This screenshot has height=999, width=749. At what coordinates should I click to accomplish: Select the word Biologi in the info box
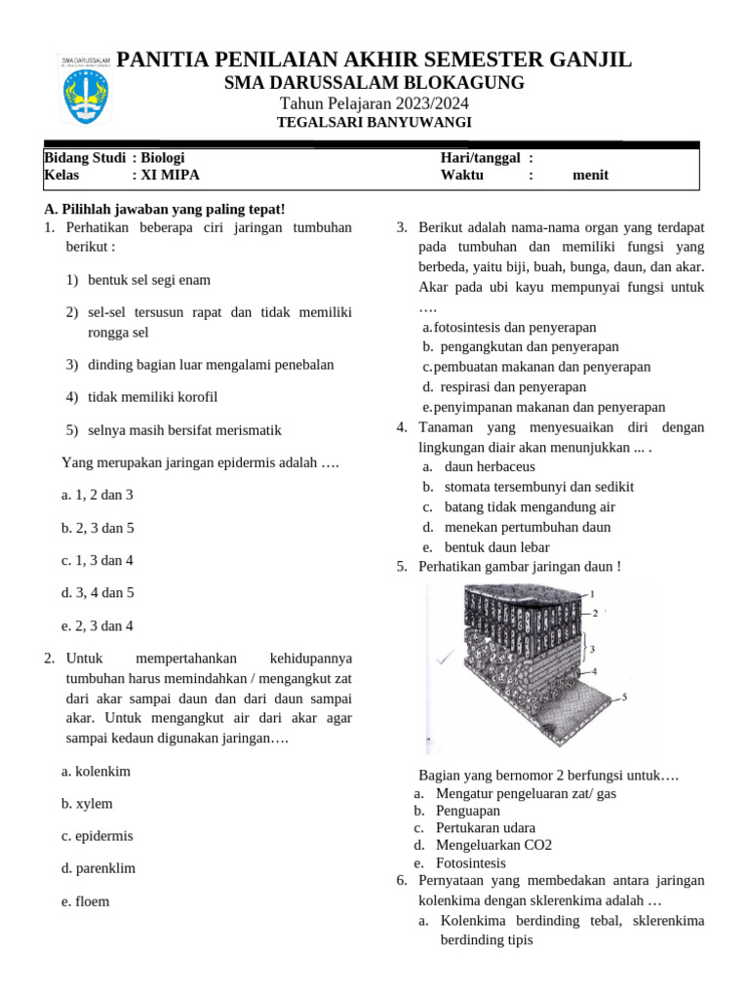[x=163, y=157]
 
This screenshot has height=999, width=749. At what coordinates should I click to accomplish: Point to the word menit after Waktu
[x=590, y=176]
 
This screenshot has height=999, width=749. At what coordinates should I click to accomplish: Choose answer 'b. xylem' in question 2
[x=87, y=804]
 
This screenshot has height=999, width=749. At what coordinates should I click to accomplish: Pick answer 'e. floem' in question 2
[x=85, y=901]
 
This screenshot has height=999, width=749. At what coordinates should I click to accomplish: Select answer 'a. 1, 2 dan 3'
[x=98, y=495]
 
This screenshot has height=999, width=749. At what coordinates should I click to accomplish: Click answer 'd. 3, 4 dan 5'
[x=98, y=592]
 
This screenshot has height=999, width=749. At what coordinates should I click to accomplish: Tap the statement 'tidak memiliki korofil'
[x=152, y=397]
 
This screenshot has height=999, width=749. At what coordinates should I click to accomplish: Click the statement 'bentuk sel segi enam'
[x=149, y=280]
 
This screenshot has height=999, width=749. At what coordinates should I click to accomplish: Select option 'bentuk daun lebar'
[x=496, y=547]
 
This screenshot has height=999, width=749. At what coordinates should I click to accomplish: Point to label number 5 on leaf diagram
[x=624, y=698]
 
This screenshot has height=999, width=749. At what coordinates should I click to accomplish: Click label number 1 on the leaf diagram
[x=592, y=593]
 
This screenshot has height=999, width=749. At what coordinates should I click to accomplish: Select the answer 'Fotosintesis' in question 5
[x=470, y=863]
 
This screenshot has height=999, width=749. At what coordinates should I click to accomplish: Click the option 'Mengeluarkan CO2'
[x=493, y=845]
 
